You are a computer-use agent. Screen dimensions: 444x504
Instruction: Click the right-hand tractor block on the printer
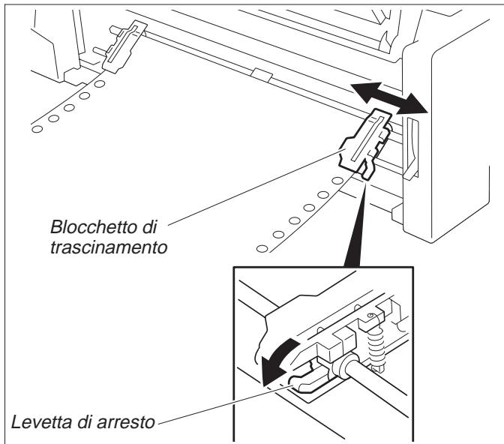(x=365, y=142)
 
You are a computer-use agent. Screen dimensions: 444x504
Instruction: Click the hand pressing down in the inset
(x=281, y=322)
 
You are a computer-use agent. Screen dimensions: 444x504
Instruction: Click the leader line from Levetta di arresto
(x=217, y=401)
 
